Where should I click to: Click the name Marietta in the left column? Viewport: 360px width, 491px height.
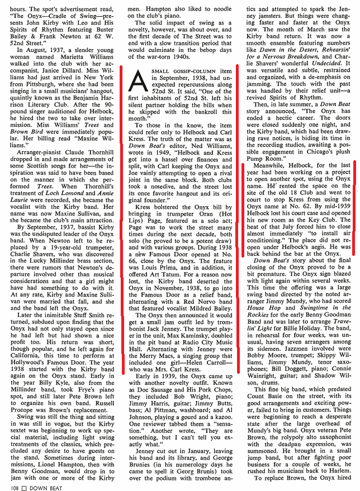pos(72,62)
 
